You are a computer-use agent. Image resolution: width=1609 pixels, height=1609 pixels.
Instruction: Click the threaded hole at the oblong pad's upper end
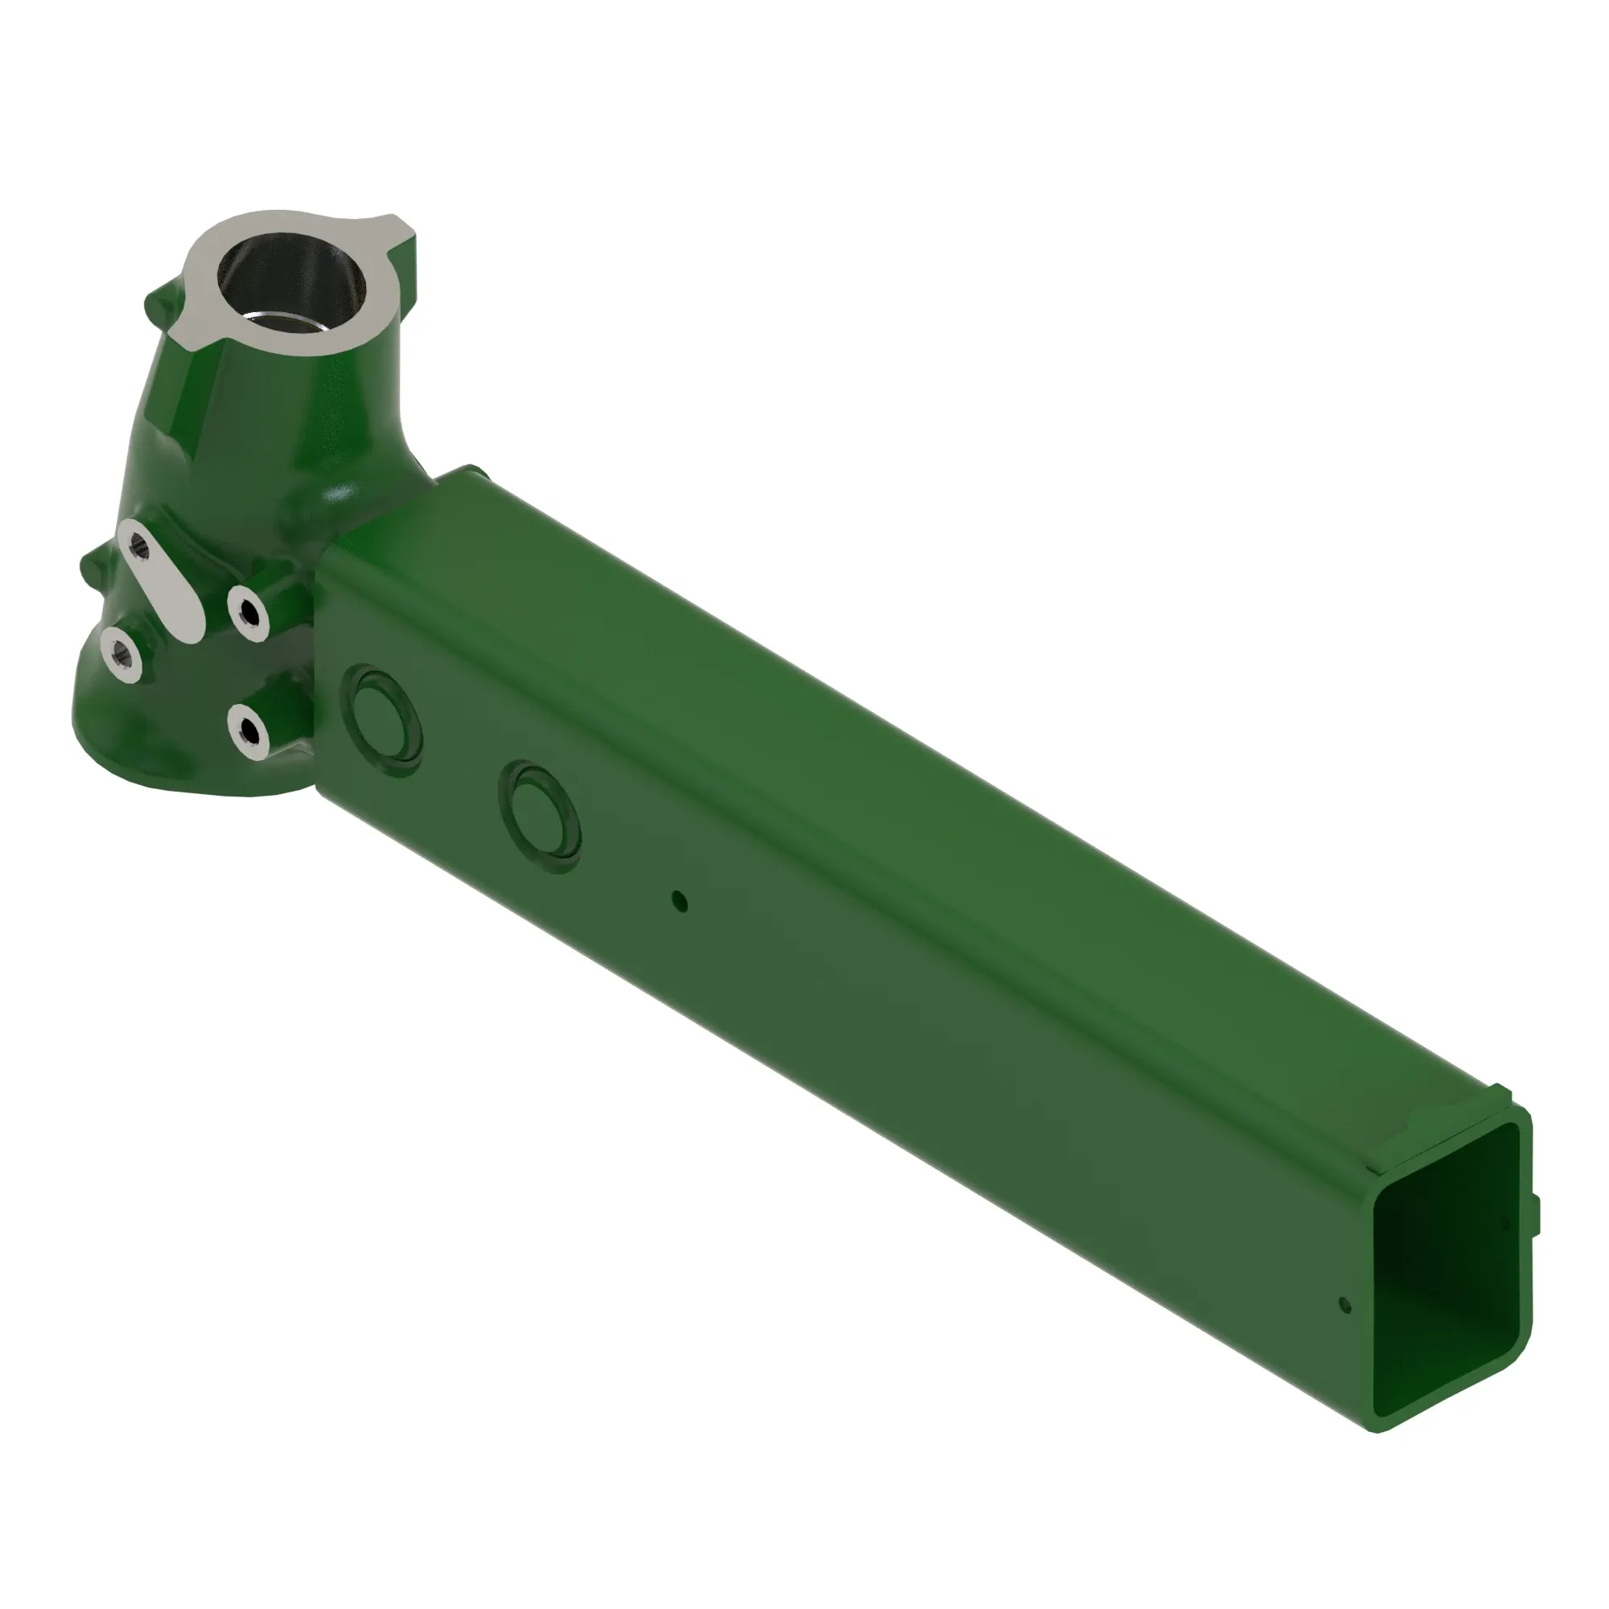[x=139, y=545]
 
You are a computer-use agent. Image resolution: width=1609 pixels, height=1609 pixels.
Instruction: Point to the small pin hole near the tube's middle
[x=680, y=901]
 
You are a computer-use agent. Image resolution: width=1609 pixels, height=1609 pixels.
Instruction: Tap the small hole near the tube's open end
[x=1344, y=1305]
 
